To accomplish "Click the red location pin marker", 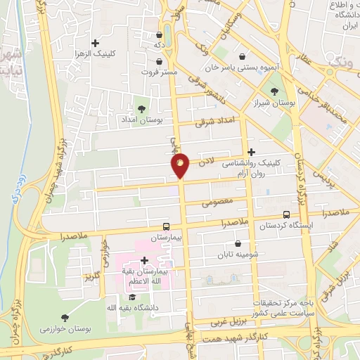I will (x=180, y=166).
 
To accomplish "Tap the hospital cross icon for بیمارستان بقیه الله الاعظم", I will (x=144, y=260).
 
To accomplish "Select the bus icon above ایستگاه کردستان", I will (x=286, y=215).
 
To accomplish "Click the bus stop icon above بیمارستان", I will (x=167, y=226).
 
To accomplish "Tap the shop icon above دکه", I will (x=160, y=34).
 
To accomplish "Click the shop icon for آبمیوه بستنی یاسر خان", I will (x=243, y=56).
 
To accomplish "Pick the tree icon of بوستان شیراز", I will (x=274, y=91).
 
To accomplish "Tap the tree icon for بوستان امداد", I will (x=142, y=108).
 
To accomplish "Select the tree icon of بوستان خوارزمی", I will (x=65, y=318).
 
